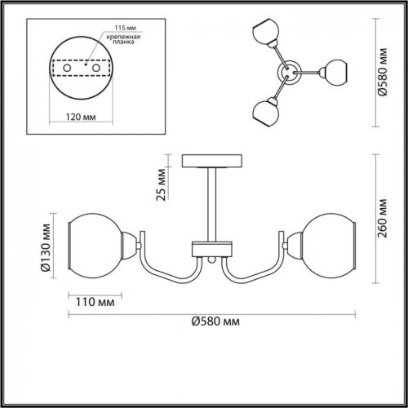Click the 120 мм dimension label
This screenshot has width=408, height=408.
click(81, 117)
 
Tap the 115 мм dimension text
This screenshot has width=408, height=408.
click(125, 28)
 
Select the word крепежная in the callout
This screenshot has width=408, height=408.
click(123, 37)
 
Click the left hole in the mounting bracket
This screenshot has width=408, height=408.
click(67, 68)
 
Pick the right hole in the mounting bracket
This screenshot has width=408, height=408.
click(96, 68)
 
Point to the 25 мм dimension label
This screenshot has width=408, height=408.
click(161, 184)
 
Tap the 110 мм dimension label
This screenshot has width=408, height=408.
click(95, 302)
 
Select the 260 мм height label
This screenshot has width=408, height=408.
click(383, 219)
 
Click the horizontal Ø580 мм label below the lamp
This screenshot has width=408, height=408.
click(215, 322)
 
